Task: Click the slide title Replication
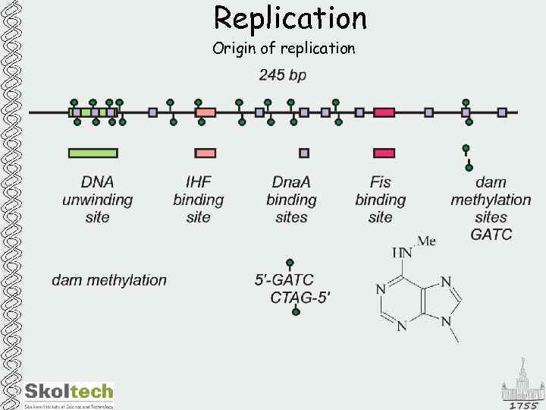pos(290,17)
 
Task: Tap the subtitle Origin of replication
pos(284,49)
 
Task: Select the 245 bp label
pos(283,76)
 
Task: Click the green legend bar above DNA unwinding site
pos(93,153)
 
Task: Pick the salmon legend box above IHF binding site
pos(206,153)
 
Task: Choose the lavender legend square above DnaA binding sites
pos(304,153)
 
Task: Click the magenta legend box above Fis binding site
pos(384,153)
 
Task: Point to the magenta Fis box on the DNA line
pos(384,112)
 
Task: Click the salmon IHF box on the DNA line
pos(206,112)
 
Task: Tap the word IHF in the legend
pos(198,182)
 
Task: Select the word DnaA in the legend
pos(291,182)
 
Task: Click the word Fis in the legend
pos(380,182)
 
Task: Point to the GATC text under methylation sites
pos(491,235)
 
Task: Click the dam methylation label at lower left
pos(109,280)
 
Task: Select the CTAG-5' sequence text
pos(300,298)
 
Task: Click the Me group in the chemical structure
pos(427,241)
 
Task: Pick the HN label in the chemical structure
pos(402,253)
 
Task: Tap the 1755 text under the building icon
pos(524,405)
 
